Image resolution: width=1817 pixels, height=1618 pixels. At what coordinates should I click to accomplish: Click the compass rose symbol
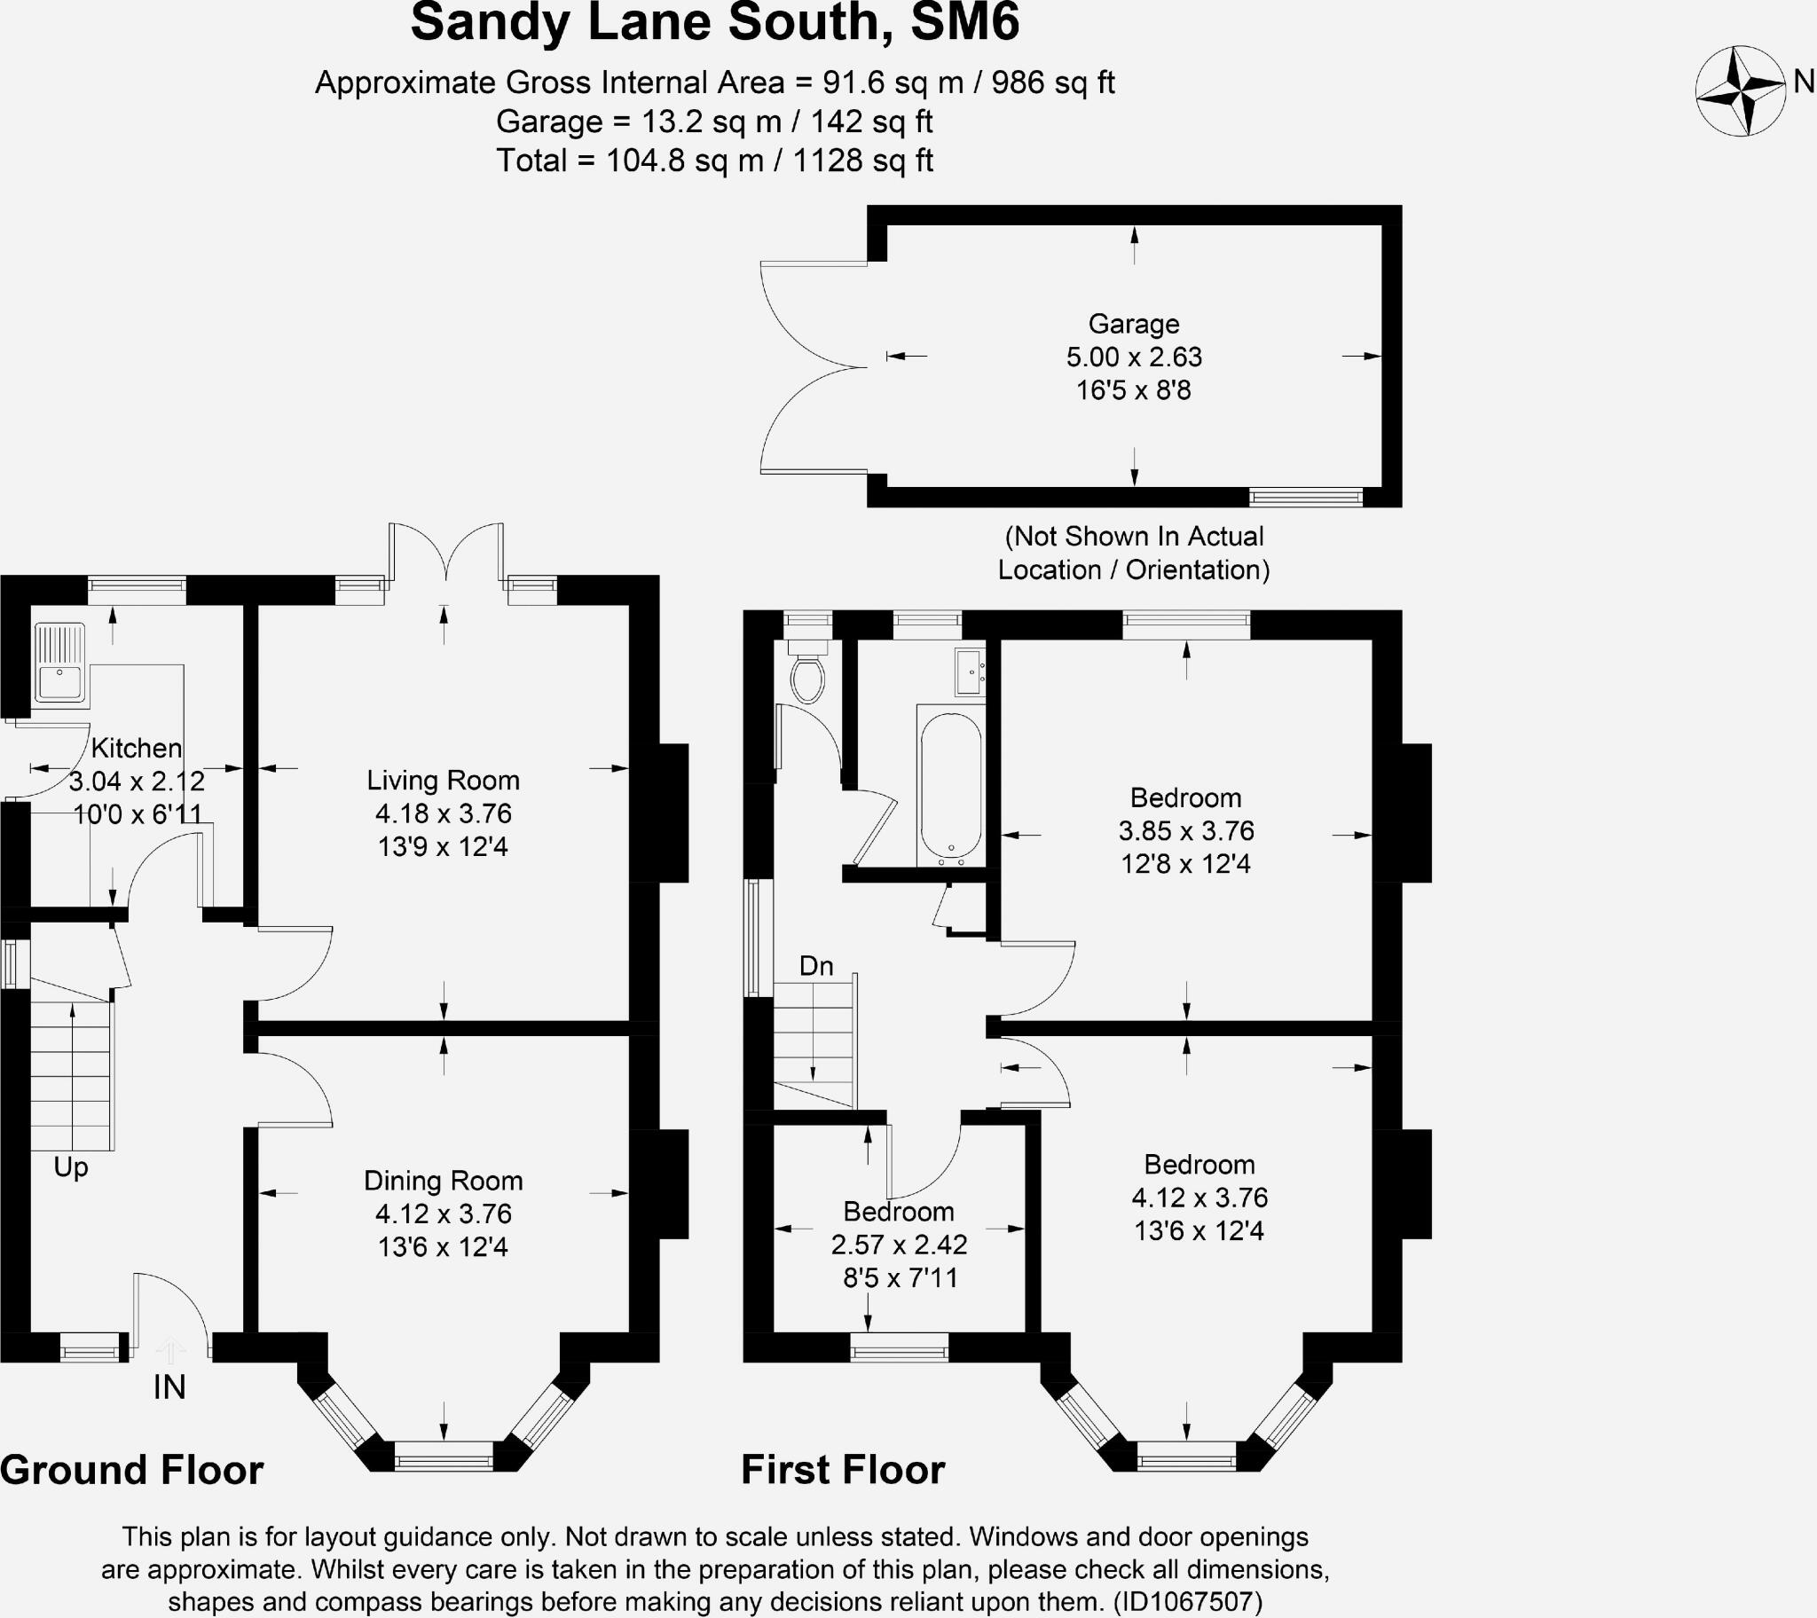(1740, 90)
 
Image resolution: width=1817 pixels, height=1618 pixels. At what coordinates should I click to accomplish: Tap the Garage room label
(1133, 324)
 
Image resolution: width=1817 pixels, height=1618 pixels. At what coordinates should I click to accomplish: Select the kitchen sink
(59, 663)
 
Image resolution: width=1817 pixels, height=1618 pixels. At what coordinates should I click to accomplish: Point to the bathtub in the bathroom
(950, 787)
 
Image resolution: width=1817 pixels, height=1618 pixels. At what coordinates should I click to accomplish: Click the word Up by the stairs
(70, 1166)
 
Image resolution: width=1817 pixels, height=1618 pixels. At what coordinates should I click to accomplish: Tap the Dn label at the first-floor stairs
(816, 965)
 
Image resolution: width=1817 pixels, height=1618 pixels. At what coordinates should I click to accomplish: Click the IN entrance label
(169, 1386)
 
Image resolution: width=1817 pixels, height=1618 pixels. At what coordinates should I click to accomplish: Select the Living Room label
(443, 781)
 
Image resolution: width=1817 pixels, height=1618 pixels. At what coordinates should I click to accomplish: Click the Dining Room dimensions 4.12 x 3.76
(443, 1213)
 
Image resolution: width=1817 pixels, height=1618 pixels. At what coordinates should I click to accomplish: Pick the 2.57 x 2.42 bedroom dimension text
(899, 1245)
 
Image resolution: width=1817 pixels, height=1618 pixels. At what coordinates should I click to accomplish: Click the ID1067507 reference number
(1187, 1602)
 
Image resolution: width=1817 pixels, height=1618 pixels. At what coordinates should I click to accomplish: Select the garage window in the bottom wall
(1305, 496)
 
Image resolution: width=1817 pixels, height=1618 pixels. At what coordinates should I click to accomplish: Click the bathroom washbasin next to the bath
(969, 672)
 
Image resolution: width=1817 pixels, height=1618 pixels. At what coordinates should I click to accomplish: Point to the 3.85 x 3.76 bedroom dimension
(1186, 830)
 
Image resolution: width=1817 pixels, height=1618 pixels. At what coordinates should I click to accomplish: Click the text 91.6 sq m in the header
(893, 82)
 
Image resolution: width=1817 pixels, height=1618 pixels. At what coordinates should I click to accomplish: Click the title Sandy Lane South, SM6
(715, 23)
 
